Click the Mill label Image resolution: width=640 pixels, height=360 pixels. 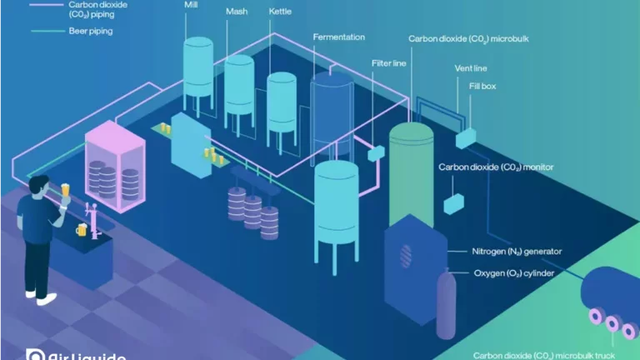pos(191,4)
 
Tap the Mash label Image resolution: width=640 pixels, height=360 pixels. pos(237,12)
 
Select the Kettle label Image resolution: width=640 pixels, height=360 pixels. pos(280,12)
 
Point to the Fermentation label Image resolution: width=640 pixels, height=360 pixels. pos(339,37)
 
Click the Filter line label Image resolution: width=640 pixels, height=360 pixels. pos(388,62)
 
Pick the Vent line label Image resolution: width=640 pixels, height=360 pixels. pos(471,67)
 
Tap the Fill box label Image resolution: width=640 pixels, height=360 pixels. pos(483,86)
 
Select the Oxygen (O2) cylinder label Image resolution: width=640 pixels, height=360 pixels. pos(514,272)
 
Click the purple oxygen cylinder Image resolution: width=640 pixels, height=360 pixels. pos(447,304)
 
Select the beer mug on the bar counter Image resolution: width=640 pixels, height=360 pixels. pos(81,230)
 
